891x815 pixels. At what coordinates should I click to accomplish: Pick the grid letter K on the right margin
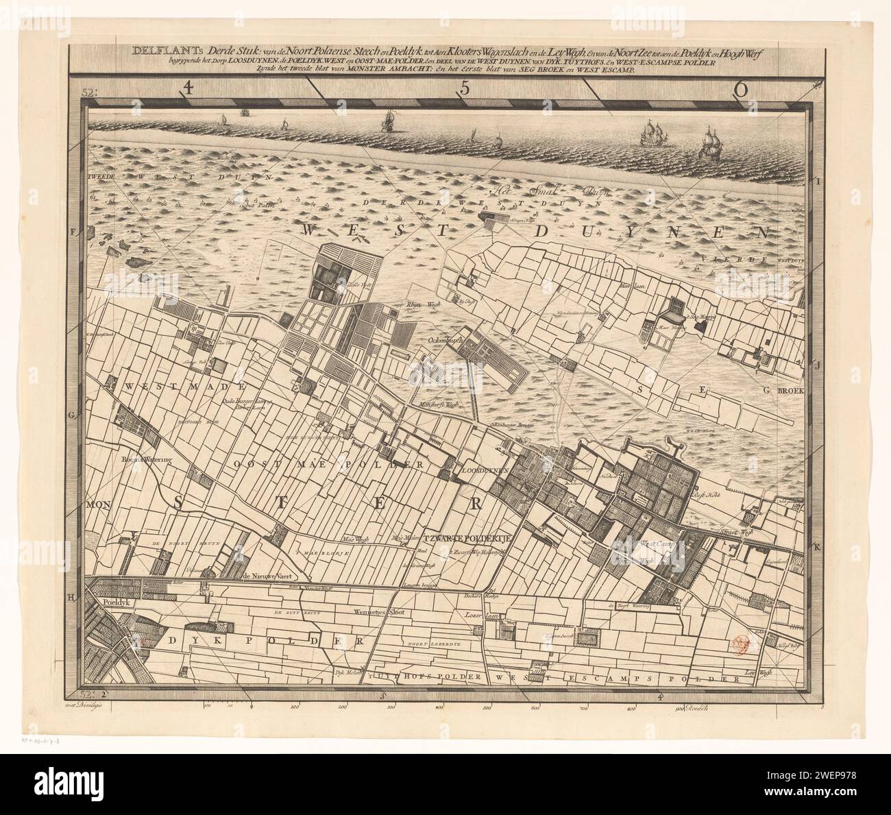click(817, 547)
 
